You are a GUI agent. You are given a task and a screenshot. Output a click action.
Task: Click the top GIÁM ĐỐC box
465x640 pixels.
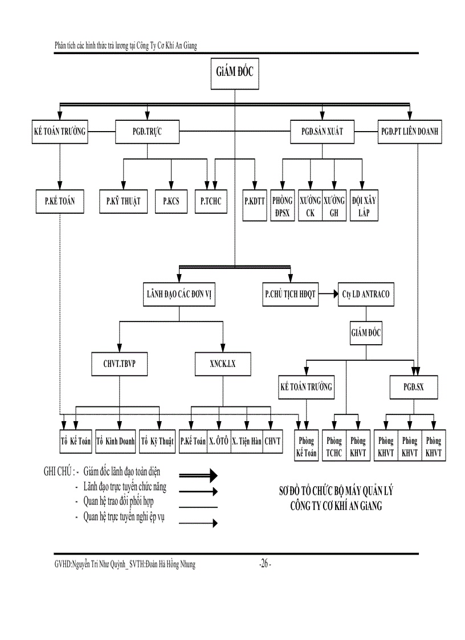coord(234,73)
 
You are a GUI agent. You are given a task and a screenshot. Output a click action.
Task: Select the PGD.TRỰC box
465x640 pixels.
coord(147,131)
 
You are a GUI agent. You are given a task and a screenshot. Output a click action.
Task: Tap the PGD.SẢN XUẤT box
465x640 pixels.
coord(322,131)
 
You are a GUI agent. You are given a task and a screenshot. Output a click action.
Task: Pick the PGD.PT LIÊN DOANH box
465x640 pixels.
coord(410,131)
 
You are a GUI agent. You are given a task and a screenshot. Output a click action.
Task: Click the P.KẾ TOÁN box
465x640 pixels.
coord(60,201)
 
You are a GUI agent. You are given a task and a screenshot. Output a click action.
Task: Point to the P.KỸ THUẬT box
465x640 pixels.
coord(123,201)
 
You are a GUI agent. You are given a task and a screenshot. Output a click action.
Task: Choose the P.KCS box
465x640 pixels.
coord(171,201)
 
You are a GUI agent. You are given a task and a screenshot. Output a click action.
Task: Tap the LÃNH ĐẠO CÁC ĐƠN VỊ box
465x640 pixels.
coord(180,295)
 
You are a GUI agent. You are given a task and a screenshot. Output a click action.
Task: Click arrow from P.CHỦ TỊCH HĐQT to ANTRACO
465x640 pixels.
coord(327,295)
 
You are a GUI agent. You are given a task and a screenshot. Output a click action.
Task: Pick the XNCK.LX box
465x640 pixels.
coord(222,364)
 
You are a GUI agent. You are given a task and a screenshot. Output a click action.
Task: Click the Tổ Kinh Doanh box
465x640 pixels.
coord(116,441)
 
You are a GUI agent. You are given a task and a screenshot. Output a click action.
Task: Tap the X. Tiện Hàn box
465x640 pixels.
coord(247,441)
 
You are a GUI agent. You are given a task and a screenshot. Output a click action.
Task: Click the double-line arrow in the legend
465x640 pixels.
coord(199,475)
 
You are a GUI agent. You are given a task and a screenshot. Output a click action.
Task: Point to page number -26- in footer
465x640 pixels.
coord(264,564)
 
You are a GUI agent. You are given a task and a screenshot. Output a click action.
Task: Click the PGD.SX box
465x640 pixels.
coord(414,389)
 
